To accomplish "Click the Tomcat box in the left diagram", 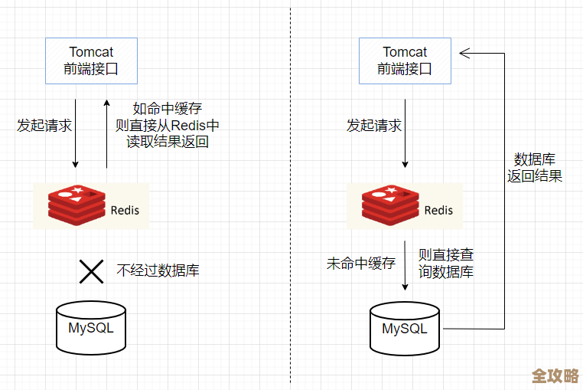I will click(x=91, y=61).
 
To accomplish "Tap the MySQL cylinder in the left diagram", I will click(x=91, y=328).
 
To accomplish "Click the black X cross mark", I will click(x=92, y=270).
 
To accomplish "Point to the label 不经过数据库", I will click(x=158, y=270).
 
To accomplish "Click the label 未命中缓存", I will click(x=361, y=263).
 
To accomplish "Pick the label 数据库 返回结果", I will click(x=534, y=168).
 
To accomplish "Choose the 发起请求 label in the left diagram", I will click(x=44, y=125).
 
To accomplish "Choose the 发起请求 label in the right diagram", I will click(x=373, y=125).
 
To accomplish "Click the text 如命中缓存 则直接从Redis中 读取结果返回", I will click(x=167, y=125).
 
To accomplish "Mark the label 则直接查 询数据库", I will click(x=445, y=263).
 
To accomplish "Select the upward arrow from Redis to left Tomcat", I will click(x=106, y=134).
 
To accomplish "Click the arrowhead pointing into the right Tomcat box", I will click(x=464, y=53).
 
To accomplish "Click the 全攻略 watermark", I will click(x=555, y=376).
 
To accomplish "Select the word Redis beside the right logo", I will click(x=438, y=211).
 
